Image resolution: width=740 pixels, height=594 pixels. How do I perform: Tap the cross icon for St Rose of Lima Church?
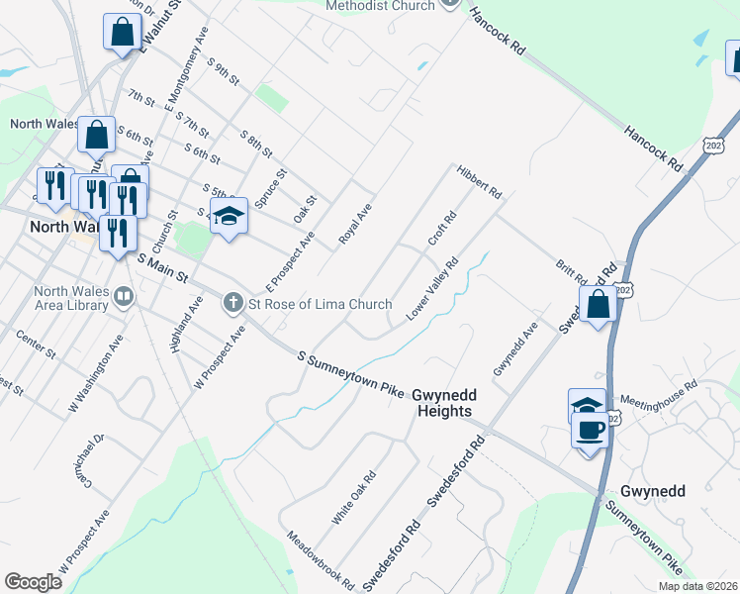tap(233, 302)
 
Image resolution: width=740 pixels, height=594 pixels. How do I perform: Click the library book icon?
tap(123, 294)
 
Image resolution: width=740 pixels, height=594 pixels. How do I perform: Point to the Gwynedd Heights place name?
tap(444, 402)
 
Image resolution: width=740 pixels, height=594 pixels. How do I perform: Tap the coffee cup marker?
tap(591, 431)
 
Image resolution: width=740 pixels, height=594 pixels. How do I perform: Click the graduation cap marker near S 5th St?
tap(229, 215)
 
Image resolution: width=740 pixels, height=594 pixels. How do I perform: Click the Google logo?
tap(34, 582)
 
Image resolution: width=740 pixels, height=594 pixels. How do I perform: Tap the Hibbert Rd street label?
tap(480, 180)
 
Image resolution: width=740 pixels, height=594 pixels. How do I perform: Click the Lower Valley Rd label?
tap(432, 289)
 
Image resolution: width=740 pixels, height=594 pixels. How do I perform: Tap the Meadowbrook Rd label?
tap(321, 561)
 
